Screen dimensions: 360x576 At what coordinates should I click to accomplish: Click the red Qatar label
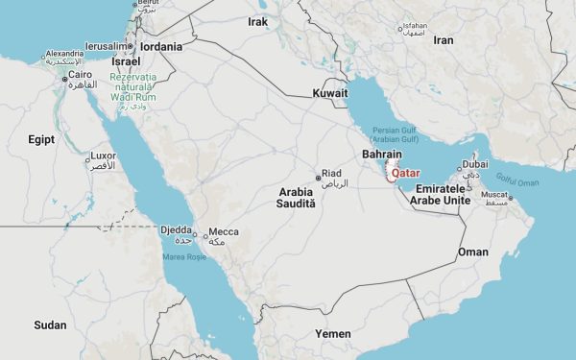click(407, 175)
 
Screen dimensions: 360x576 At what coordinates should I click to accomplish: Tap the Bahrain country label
click(381, 154)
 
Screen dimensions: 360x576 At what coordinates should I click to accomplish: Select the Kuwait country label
click(329, 93)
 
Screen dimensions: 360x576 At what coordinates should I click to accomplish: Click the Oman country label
click(473, 252)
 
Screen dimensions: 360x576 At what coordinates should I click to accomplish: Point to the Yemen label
click(333, 333)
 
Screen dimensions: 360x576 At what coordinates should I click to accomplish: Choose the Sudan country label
click(50, 324)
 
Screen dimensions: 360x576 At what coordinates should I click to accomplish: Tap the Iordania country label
click(160, 46)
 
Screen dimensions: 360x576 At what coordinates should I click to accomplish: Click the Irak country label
click(257, 21)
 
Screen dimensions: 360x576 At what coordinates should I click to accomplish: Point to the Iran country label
click(443, 40)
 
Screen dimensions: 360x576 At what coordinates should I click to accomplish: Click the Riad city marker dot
click(318, 177)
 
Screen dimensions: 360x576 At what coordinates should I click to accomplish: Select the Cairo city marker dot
click(64, 81)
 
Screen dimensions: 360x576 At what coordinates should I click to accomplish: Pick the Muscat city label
click(493, 195)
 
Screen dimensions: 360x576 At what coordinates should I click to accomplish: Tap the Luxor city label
click(103, 156)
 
